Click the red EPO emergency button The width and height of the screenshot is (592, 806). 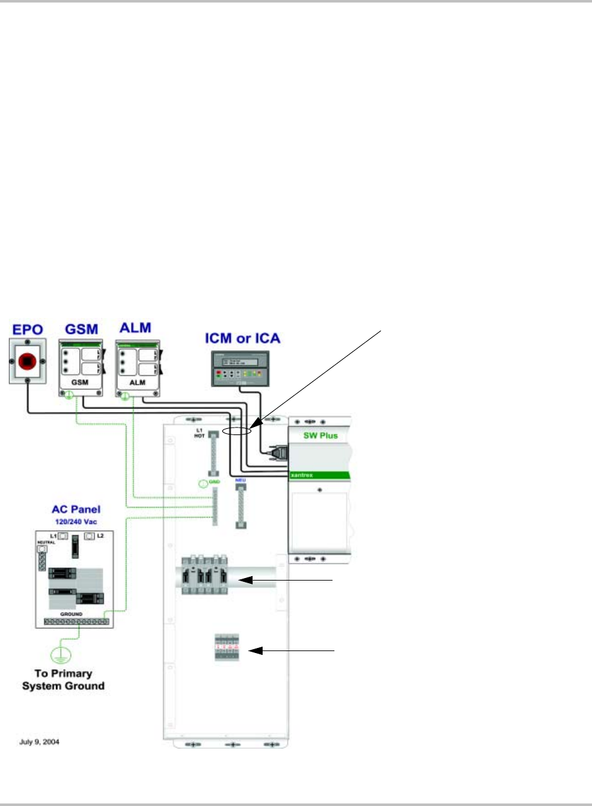26,361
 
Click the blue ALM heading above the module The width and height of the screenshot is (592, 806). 137,328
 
